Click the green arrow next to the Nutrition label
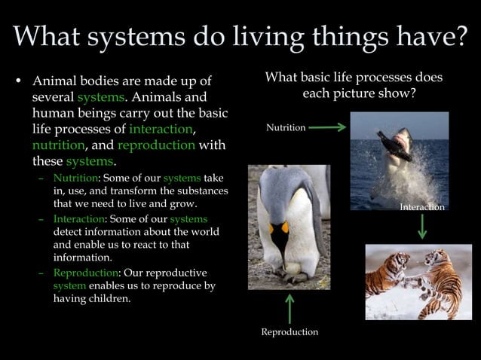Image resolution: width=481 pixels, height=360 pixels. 326,128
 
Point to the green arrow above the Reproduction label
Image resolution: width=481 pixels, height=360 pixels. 289,308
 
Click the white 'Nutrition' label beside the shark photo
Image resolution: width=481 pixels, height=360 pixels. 286,128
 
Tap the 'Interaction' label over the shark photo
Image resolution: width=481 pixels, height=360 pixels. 422,206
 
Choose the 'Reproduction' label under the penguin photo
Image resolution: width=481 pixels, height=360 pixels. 290,332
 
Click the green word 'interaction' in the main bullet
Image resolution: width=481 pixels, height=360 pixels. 161,129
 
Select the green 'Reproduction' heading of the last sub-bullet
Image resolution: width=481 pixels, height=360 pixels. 81,272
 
